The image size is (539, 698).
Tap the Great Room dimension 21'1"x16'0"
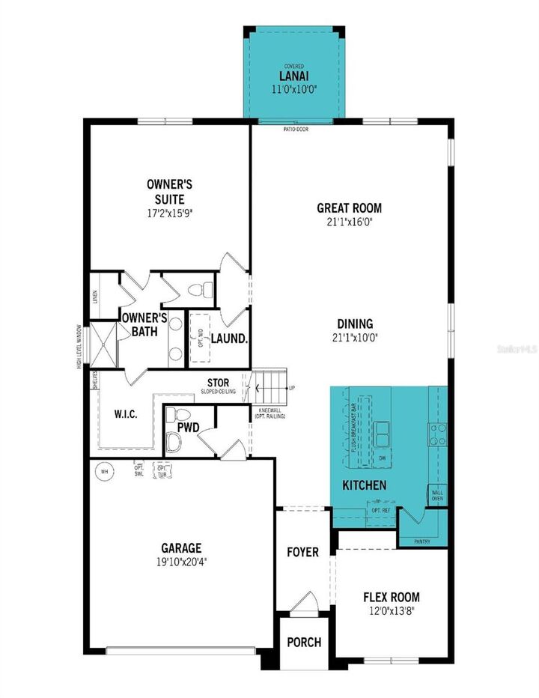[349, 222]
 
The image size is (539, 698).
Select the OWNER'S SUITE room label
[170, 192]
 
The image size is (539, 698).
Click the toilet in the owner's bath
[198, 289]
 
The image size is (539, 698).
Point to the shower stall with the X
[101, 345]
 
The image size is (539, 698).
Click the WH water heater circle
[103, 471]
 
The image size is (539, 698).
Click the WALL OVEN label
[436, 494]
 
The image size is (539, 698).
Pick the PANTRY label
[421, 540]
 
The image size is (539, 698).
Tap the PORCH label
[304, 642]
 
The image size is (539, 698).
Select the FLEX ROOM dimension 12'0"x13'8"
[391, 611]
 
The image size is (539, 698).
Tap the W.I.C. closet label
[125, 414]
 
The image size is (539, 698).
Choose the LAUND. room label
[228, 339]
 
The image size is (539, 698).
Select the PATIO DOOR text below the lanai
[295, 129]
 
